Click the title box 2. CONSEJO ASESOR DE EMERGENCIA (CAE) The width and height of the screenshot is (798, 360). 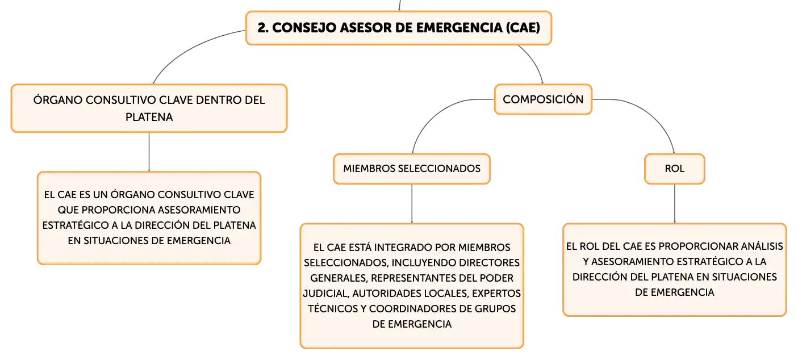click(399, 28)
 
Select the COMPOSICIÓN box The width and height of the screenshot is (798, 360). click(544, 99)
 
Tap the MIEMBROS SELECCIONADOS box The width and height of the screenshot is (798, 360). click(412, 169)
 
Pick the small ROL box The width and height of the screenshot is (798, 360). click(675, 169)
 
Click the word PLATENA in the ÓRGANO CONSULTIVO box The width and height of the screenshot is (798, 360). click(149, 117)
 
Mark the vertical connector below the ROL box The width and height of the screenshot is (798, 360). click(675, 204)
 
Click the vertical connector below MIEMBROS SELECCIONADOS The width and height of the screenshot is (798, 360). click(412, 204)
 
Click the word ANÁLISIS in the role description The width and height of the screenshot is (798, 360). click(762, 246)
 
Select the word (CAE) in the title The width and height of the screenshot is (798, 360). click(523, 28)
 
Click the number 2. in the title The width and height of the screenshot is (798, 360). click(263, 28)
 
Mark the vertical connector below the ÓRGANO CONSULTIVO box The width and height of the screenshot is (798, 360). click(149, 152)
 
